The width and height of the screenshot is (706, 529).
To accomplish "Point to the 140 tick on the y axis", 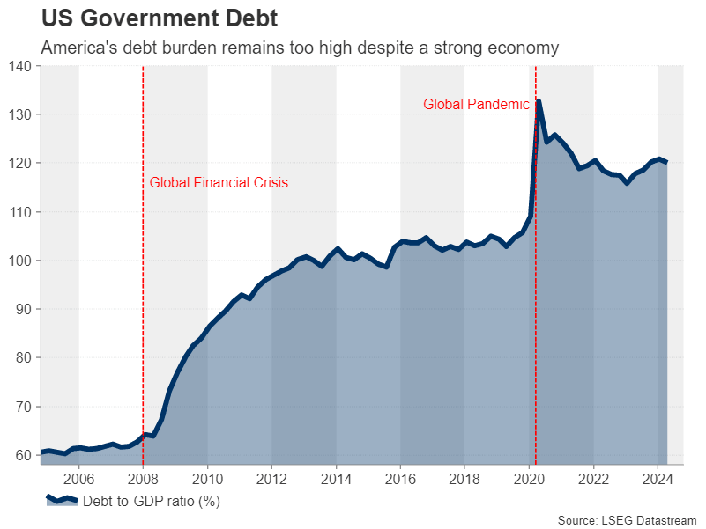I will (x=19, y=67).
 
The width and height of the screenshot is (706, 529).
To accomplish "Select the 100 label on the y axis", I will (x=19, y=261).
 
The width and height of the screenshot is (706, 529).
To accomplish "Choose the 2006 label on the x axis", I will (x=78, y=480).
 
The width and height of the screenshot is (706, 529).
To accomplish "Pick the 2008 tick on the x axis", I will (x=143, y=480).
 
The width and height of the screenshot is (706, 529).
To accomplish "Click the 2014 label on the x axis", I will (x=336, y=480).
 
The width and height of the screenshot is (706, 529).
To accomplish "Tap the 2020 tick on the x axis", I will (x=529, y=480).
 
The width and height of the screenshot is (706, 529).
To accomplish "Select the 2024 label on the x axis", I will (x=658, y=480).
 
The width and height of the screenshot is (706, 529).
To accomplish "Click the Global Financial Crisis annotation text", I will (x=219, y=183).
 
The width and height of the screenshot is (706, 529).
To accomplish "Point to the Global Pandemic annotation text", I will (x=476, y=104).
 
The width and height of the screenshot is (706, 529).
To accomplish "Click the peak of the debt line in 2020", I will (x=539, y=101).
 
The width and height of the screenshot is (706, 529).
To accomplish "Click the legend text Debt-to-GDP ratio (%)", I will (x=151, y=503).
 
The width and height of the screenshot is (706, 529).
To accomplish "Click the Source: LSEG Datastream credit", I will (x=627, y=519).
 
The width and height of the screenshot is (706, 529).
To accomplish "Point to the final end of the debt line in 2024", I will (x=665, y=162).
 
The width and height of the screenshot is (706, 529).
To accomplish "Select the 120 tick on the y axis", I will (x=19, y=164).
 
